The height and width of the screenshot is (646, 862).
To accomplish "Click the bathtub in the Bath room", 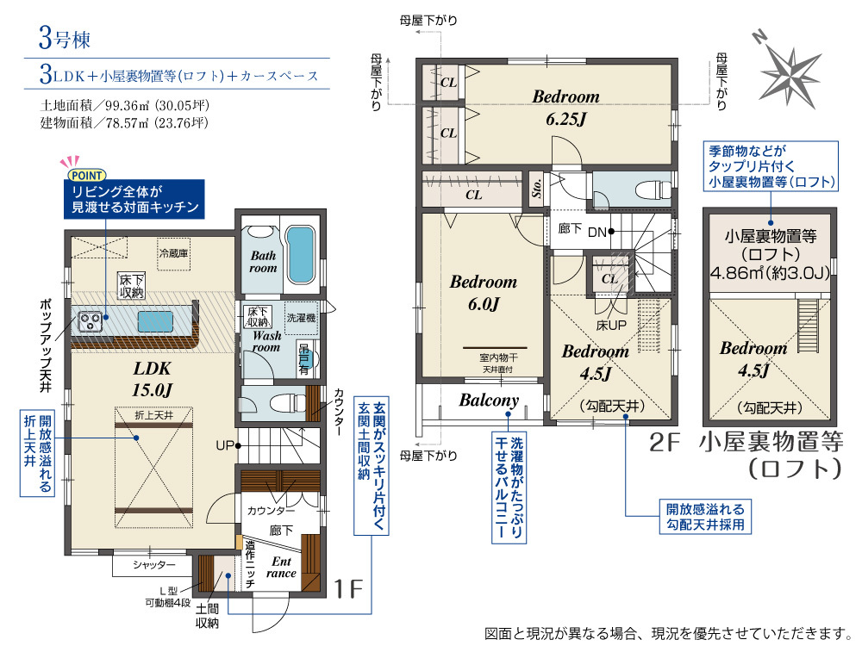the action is click(x=300, y=255).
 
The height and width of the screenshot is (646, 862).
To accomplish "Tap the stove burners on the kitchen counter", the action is click(x=90, y=321).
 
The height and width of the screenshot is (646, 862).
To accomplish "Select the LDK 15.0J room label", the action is click(x=153, y=379).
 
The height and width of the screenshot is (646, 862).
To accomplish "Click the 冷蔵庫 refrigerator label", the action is click(x=174, y=253).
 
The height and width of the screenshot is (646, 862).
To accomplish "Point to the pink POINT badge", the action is click(x=86, y=175).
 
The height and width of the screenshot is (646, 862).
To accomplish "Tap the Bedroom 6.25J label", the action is click(x=565, y=107).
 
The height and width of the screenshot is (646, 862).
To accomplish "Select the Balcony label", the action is click(x=489, y=400).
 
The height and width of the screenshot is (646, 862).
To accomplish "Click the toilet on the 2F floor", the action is click(x=653, y=190).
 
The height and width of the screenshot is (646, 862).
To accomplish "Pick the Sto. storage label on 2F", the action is click(x=536, y=189).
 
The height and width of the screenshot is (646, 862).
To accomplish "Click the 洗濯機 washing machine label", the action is click(x=301, y=318).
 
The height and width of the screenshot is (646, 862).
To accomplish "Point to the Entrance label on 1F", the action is click(x=282, y=567).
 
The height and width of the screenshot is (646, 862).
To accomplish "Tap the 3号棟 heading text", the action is click(x=65, y=39).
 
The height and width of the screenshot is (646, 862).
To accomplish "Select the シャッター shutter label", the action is click(x=154, y=565).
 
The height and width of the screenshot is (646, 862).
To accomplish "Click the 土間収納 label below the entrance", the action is click(x=207, y=616).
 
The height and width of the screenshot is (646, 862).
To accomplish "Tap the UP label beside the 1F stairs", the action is click(x=225, y=445).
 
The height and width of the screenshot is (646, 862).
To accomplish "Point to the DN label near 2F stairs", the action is click(x=597, y=233).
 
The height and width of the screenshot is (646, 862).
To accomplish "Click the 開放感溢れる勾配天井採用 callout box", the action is click(x=705, y=516).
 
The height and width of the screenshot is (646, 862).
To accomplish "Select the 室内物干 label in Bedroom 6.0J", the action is click(x=498, y=357).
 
